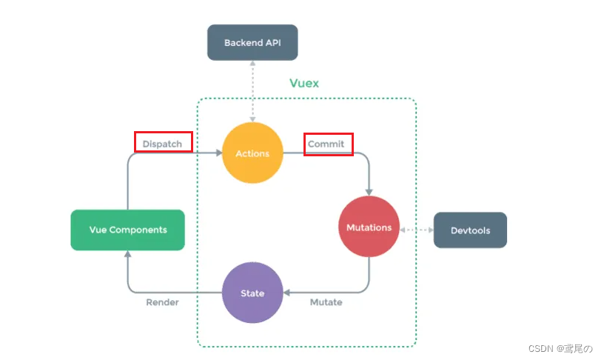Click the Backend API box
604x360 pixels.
pos(252,43)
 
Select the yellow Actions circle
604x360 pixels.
pos(252,153)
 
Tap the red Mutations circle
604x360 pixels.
pos(369,227)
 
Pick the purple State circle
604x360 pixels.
pos(252,293)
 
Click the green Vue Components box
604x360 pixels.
pos(127,230)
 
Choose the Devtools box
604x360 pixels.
pos(470,230)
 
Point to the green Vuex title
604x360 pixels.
pos(304,83)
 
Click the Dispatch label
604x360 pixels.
pos(163,144)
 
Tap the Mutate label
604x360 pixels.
pos(326,302)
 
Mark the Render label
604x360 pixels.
pos(162,302)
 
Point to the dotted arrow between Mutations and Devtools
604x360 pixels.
pos(416,230)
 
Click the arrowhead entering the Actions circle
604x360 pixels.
pos(218,153)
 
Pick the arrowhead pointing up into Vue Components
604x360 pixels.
pos(127,254)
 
